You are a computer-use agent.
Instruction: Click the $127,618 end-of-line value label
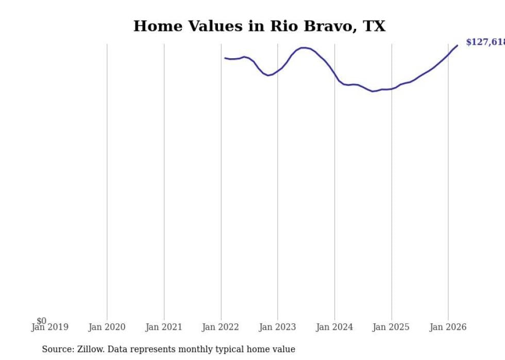click(485, 42)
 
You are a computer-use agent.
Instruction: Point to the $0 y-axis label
click(41, 321)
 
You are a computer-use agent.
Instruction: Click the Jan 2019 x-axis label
click(49, 327)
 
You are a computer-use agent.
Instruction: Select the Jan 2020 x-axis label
click(107, 327)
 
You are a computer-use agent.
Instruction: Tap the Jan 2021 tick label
click(164, 327)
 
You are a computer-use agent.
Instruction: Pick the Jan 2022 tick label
click(221, 327)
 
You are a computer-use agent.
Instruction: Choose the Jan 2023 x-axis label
click(277, 327)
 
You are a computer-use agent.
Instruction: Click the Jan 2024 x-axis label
click(334, 327)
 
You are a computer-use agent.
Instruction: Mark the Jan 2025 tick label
click(391, 327)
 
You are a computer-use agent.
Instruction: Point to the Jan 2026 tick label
click(448, 327)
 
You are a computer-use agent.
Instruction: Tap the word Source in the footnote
click(57, 349)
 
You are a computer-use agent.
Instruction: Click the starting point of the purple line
click(225, 58)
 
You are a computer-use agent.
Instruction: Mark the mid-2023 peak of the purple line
click(304, 48)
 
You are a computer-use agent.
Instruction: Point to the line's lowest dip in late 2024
click(373, 91)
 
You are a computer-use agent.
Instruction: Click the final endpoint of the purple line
click(457, 46)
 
